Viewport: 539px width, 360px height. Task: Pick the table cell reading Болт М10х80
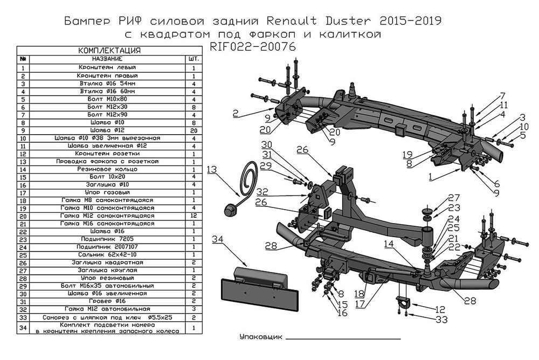coord(107,99)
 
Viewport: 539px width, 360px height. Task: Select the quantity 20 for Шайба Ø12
coord(193,130)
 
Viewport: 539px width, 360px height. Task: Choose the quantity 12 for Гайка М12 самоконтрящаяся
coord(193,216)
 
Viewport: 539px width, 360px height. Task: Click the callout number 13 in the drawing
coord(212,170)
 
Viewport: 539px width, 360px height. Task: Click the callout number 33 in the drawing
coord(441,320)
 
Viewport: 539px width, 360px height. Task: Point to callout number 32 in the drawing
coord(262,191)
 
